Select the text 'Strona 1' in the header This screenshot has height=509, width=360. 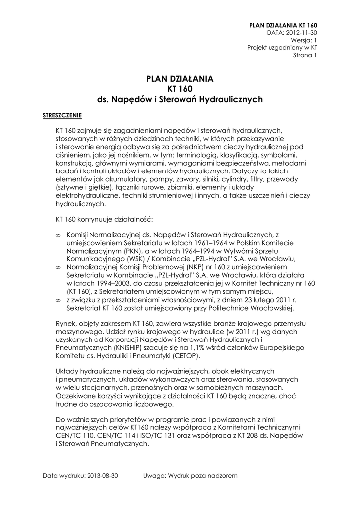coord(304,55)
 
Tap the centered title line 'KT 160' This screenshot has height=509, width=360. coord(180,89)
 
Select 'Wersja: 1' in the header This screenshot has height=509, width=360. coord(304,40)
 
